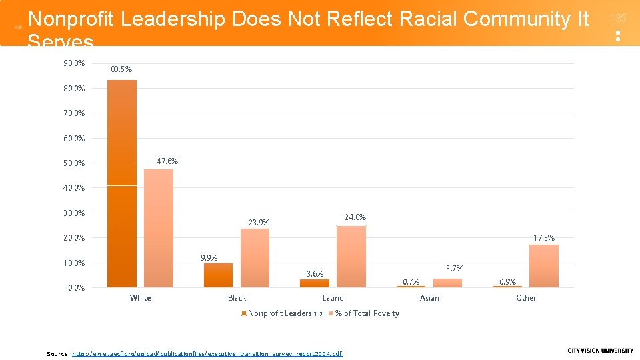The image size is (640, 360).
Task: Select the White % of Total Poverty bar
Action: point(159,228)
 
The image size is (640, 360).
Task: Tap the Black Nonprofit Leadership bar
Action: point(218,275)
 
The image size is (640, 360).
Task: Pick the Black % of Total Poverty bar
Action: point(255,258)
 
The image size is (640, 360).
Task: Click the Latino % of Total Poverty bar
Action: point(351,257)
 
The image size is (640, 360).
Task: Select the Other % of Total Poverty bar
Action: point(544,266)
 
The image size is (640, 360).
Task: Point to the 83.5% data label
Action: point(121,69)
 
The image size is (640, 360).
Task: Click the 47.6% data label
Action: point(167,161)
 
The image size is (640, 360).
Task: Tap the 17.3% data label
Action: point(543,237)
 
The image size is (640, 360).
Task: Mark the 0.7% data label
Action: point(411,282)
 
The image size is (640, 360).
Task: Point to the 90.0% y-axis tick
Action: point(74,63)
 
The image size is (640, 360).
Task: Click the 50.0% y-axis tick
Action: point(74,163)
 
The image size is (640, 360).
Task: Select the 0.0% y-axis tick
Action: point(76,288)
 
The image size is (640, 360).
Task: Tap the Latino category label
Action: point(333,298)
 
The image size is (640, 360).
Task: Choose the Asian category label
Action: point(429,298)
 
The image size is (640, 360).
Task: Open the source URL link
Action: point(207,353)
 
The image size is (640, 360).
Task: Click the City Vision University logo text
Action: point(600,351)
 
